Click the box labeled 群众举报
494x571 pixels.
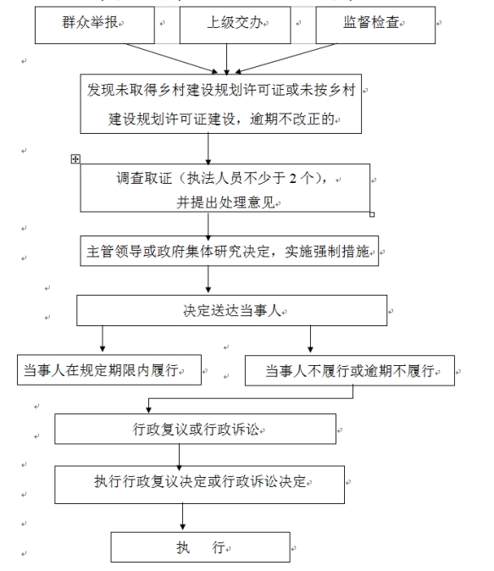pos(95,25)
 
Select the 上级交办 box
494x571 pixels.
pos(235,25)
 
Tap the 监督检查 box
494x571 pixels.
pos(375,25)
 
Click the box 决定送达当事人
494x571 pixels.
pos(231,310)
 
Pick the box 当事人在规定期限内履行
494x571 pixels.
pos(109,369)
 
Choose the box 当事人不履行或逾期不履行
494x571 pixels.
pos(350,370)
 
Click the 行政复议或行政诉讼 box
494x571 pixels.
pos(195,429)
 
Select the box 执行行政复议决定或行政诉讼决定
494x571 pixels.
pos(200,485)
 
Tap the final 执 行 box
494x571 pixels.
pos(200,547)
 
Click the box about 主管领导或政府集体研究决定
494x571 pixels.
pos(230,251)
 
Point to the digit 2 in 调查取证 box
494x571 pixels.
pos(293,179)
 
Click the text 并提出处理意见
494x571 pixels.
pos(225,202)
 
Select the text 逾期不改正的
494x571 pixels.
pos(292,119)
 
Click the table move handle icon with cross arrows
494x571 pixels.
pos(75,158)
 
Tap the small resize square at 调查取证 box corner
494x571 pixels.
pos(372,214)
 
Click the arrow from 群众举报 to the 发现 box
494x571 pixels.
pos(171,58)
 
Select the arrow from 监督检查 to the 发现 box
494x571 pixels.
pos(286,58)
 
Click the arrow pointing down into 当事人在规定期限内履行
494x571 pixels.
pos(103,339)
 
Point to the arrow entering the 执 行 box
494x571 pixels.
pos(182,517)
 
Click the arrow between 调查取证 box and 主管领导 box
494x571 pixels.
pos(208,226)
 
